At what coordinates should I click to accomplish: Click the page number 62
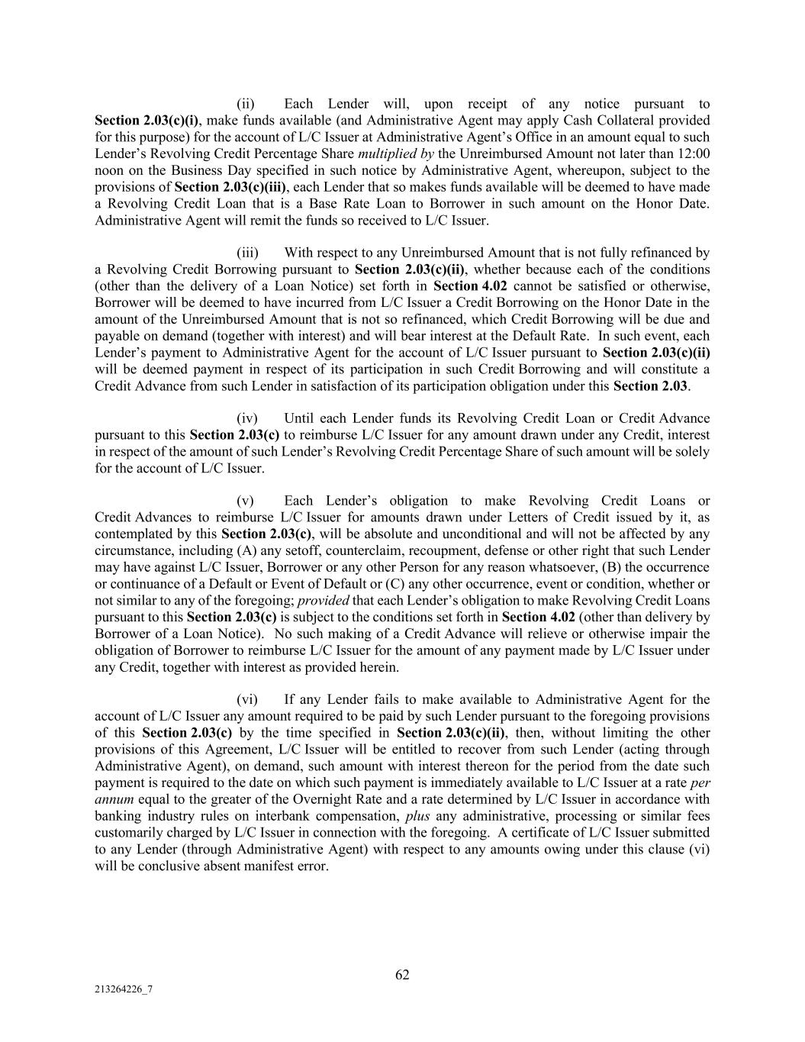pos(402,974)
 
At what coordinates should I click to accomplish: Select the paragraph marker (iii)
pos(247,253)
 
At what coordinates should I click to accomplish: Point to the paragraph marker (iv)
pos(247,418)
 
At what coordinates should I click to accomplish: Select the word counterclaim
pos(300,551)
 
